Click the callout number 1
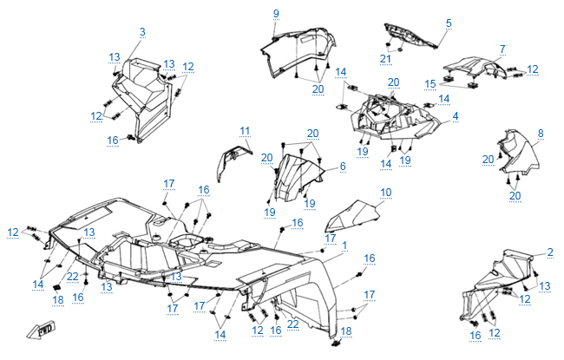pos(344,245)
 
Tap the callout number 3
pos(141,32)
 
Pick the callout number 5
pos(449,23)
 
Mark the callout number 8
pos(540,133)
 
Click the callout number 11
pos(245,131)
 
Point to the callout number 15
pos(430,83)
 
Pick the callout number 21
pos(385,58)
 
